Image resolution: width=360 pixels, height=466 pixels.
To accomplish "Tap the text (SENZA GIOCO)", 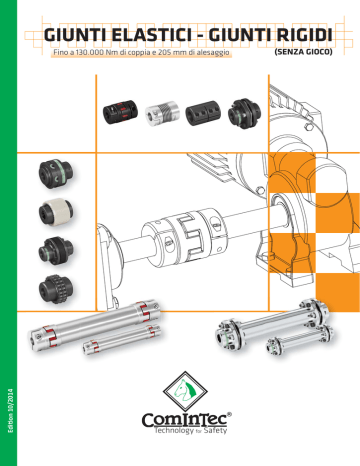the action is pos(303,52).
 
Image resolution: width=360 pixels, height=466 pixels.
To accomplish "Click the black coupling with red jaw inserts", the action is pos(120,112).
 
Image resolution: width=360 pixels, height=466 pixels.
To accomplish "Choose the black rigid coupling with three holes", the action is pos(203,114).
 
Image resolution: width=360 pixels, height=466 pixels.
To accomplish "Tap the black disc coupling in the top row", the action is pos(244,114).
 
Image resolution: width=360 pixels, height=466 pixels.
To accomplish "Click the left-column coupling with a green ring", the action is pos(56,173).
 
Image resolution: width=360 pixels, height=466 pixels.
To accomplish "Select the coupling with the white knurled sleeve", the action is pos(56,212).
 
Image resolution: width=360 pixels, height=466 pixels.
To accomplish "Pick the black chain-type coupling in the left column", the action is pos(56,289).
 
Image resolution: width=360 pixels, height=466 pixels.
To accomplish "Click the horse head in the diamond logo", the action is pos(185,390).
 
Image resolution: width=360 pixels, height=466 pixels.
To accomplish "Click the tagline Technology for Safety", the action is pos(191,430).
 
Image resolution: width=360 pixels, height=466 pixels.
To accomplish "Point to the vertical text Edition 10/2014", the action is pos(11,410).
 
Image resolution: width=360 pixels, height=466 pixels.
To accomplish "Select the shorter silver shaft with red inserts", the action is pos(122,339).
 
